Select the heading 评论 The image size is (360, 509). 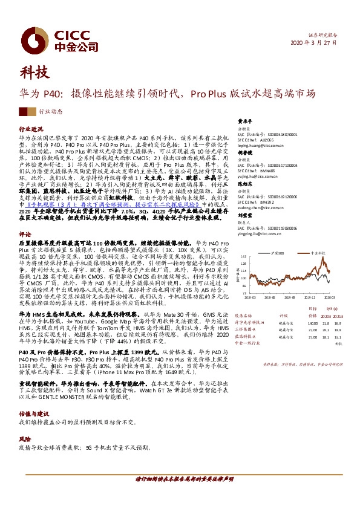[25, 233]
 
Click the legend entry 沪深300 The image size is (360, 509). [280, 253]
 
